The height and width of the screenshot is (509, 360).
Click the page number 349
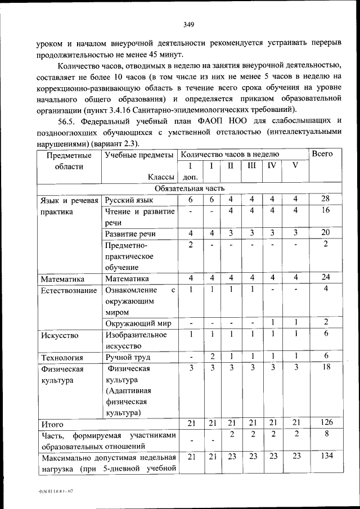pyautogui.click(x=188, y=24)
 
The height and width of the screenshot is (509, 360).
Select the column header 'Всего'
pyautogui.click(x=322, y=154)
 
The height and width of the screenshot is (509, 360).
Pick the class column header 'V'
pyautogui.click(x=295, y=166)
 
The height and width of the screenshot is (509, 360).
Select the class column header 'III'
pyautogui.click(x=251, y=166)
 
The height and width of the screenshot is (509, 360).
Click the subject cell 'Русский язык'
pyautogui.click(x=129, y=200)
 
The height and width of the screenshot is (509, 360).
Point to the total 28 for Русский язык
pyautogui.click(x=325, y=200)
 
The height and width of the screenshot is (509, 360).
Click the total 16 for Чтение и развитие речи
pyautogui.click(x=325, y=210)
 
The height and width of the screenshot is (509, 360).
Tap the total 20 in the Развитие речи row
pyautogui.click(x=325, y=233)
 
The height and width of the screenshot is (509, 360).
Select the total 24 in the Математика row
pyautogui.click(x=325, y=278)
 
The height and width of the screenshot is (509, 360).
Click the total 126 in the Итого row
pyautogui.click(x=325, y=423)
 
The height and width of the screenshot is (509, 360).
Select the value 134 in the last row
pyautogui.click(x=325, y=457)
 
